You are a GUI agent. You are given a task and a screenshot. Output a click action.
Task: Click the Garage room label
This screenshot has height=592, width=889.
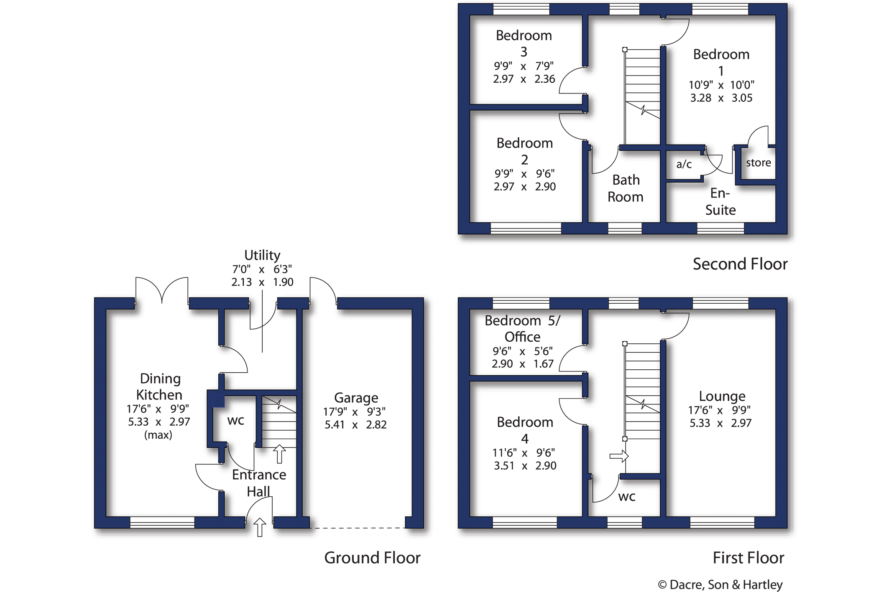point(356,398)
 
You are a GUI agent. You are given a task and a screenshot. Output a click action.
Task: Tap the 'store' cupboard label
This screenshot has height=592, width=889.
point(758,163)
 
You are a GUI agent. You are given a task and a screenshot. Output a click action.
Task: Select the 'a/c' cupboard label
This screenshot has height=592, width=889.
point(684,164)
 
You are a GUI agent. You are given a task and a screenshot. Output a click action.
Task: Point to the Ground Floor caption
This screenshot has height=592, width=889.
point(372,558)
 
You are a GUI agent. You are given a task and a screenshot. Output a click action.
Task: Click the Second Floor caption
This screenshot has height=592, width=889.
point(740,264)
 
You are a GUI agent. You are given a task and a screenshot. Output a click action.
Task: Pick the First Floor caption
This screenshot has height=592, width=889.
point(748,558)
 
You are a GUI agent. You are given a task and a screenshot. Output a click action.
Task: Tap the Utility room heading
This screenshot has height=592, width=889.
point(262,255)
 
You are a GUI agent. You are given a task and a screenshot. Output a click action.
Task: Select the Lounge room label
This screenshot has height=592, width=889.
point(722,396)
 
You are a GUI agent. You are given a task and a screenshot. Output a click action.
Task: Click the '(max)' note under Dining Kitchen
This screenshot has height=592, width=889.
point(158,435)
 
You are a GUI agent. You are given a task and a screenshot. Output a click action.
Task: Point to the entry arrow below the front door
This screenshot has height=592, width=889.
point(260,527)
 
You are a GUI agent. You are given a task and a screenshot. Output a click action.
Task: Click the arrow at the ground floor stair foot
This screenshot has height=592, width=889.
point(279,454)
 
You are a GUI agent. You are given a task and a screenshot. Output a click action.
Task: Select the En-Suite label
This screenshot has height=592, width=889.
point(720,201)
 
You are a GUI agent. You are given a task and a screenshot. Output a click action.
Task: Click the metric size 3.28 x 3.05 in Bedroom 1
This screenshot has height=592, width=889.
point(721,98)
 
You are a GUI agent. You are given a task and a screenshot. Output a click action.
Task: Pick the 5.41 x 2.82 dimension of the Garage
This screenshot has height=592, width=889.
point(355,425)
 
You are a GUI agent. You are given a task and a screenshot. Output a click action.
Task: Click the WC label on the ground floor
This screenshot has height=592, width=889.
point(235,421)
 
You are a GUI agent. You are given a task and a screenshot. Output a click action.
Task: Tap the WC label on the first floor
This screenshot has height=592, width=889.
point(626,497)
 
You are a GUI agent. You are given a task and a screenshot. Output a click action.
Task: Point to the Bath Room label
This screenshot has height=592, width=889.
point(626,188)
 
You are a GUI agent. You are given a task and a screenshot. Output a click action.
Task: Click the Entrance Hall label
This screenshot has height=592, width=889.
point(259,483)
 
